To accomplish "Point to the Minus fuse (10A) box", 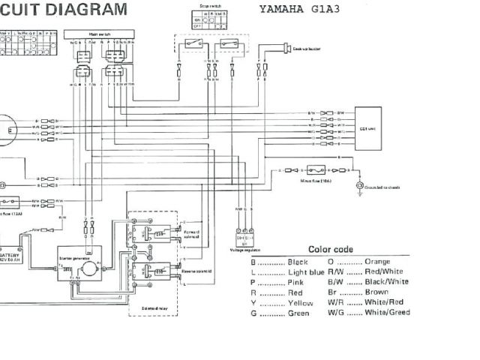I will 316,170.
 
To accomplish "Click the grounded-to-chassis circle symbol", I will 360,185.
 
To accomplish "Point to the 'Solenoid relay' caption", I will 147,307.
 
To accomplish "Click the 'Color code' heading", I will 331,250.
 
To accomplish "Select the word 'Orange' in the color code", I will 376,262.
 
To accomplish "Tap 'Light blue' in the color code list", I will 304,272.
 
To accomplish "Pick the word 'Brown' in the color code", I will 376,292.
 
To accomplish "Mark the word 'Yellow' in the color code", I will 300,302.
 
